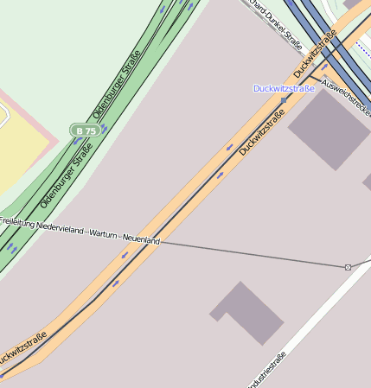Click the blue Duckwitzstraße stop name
[x=283, y=88]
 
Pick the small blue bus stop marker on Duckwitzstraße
[x=284, y=101]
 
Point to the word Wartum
[x=104, y=235]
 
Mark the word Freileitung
[x=16, y=222]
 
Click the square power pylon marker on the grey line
[x=348, y=267]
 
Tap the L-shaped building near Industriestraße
[x=247, y=312]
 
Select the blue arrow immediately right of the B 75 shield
[x=105, y=128]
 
